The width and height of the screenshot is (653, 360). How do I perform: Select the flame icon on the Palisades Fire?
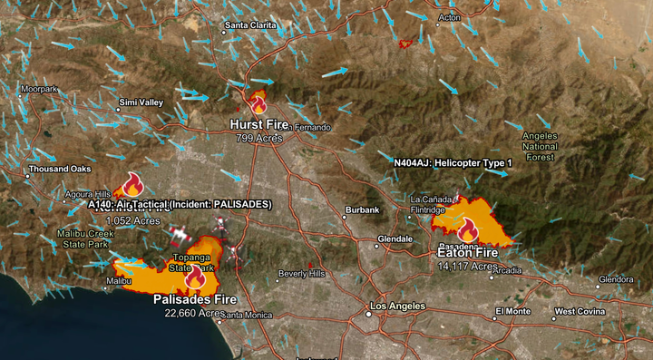194,277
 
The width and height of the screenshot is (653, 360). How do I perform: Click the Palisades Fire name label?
194,299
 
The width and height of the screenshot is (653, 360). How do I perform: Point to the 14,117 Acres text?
467,267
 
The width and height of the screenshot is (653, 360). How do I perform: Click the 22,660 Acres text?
193,314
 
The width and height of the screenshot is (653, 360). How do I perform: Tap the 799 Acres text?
259,139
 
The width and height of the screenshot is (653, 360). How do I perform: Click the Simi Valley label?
141,102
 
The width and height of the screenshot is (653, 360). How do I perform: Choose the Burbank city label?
361,210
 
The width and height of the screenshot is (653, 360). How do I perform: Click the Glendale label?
395,239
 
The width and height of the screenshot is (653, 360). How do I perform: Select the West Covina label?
578,311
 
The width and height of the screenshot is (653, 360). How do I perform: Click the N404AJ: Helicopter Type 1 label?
453,162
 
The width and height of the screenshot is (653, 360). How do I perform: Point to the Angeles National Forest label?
540,146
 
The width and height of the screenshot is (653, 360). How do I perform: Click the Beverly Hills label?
301,273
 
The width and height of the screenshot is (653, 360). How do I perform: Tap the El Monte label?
512,311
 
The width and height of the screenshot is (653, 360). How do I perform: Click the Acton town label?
450,17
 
